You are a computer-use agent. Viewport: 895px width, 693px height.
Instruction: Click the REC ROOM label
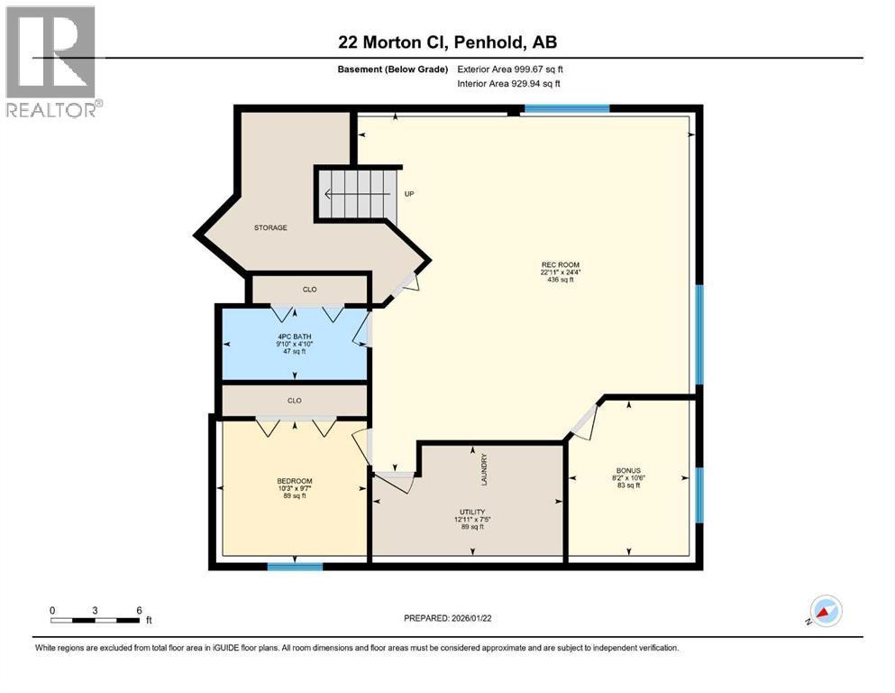coord(553,265)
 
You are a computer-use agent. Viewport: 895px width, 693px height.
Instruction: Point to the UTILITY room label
coord(471,512)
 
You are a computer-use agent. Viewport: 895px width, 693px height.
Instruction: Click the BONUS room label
coord(628,471)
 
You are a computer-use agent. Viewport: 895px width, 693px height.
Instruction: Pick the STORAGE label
coord(269,227)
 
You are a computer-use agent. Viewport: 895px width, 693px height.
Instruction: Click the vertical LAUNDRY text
coord(484,469)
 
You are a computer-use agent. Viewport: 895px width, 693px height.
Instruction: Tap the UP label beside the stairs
coord(408,194)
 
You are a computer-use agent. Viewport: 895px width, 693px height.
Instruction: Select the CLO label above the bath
coord(309,290)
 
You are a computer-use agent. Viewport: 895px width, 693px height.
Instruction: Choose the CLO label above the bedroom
coord(294,401)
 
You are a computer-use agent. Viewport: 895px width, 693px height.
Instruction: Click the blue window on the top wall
coord(566,109)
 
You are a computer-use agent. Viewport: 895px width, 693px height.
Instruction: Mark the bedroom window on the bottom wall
coord(295,567)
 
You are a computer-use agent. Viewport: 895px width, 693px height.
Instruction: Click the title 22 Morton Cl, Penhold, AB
coord(447,42)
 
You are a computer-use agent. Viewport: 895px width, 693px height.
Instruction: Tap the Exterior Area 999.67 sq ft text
coord(510,69)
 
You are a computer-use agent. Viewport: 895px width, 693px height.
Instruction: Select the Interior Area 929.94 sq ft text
coord(508,84)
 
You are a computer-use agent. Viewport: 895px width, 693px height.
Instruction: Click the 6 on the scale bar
coord(138,610)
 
